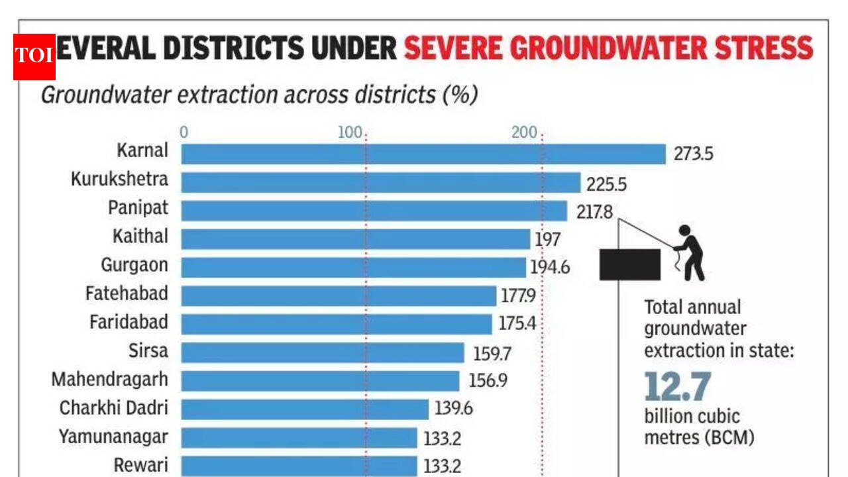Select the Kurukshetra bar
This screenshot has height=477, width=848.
click(x=381, y=183)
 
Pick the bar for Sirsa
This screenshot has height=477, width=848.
click(x=323, y=352)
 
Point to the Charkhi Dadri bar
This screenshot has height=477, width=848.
click(x=305, y=409)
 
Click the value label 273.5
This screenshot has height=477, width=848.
click(x=694, y=154)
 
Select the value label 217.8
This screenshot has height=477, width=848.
click(x=594, y=212)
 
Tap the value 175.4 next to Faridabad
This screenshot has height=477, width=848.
click(x=517, y=324)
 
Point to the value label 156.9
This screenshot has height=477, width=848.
click(x=487, y=381)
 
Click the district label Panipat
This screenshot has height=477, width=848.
click(x=138, y=208)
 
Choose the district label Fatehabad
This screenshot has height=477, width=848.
click(x=127, y=293)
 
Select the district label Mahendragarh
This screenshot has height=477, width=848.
click(x=109, y=380)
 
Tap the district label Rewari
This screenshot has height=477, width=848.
click(x=141, y=465)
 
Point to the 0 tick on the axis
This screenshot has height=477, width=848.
click(x=184, y=132)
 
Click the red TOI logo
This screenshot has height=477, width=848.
click(x=34, y=56)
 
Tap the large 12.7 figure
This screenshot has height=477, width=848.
click(x=678, y=387)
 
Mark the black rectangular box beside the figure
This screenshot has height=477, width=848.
click(x=629, y=264)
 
